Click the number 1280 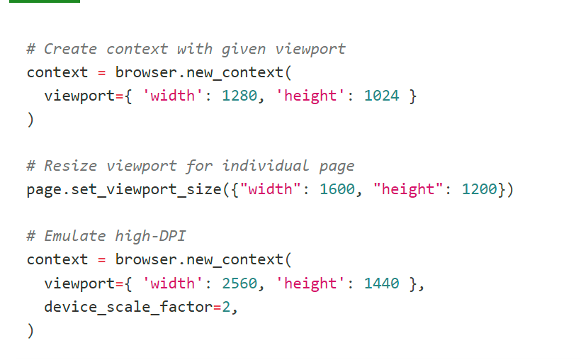pyautogui.click(x=239, y=96)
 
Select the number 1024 pyautogui.click(x=381, y=96)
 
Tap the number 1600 pyautogui.click(x=337, y=189)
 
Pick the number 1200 pyautogui.click(x=479, y=189)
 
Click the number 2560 pyautogui.click(x=239, y=283)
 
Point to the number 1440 pyautogui.click(x=381, y=283)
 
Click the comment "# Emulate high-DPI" pyautogui.click(x=106, y=236)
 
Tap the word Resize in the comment pyautogui.click(x=70, y=166)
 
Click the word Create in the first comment pyautogui.click(x=70, y=49)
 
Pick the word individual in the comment pyautogui.click(x=266, y=166)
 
